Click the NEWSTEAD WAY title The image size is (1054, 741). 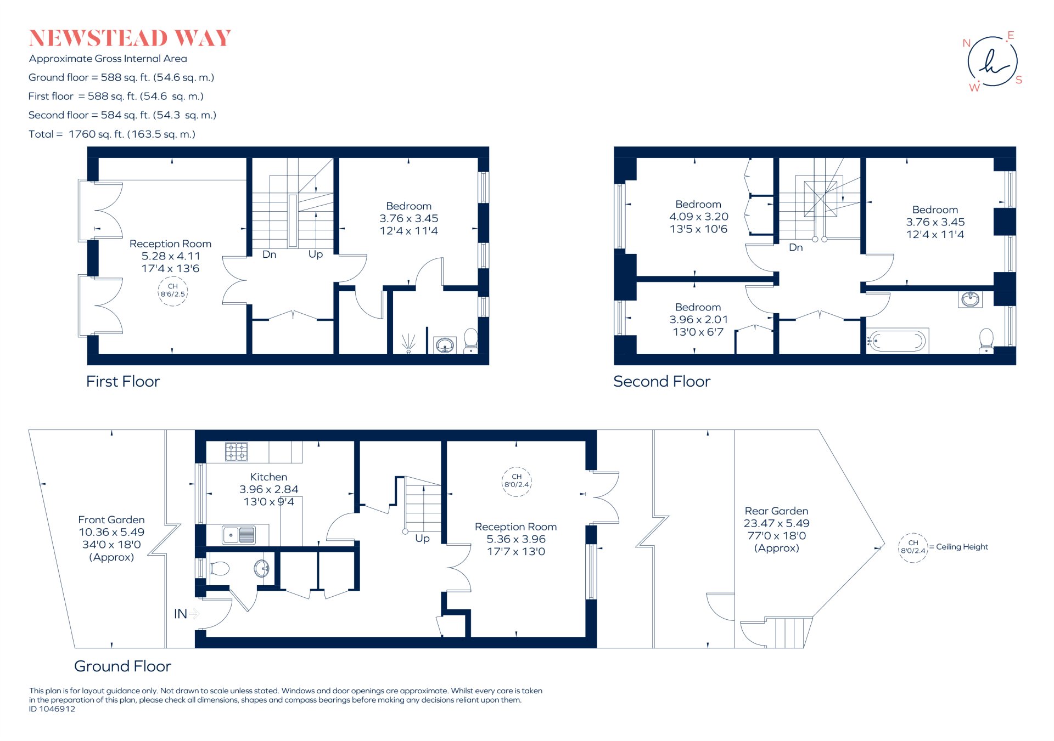pyautogui.click(x=130, y=38)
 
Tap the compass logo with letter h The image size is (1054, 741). pyautogui.click(x=992, y=61)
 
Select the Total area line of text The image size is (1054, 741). pyautogui.click(x=112, y=134)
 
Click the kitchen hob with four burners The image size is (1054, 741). pyautogui.click(x=237, y=452)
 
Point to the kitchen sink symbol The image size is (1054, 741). pyautogui.click(x=239, y=534)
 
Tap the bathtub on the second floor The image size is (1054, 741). pyautogui.click(x=898, y=341)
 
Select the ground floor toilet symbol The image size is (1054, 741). pyautogui.click(x=219, y=568)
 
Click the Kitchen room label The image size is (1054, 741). pyautogui.click(x=268, y=477)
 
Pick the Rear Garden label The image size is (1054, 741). pyautogui.click(x=776, y=511)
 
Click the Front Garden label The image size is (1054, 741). pyautogui.click(x=111, y=520)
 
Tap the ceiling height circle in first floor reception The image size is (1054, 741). pyautogui.click(x=173, y=291)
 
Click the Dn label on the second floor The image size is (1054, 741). pyautogui.click(x=795, y=248)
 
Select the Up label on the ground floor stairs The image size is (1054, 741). pyautogui.click(x=422, y=539)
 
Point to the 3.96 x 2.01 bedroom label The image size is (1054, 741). pyautogui.click(x=698, y=320)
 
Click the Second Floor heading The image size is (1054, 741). pyautogui.click(x=661, y=382)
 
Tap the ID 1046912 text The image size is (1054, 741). pyautogui.click(x=52, y=709)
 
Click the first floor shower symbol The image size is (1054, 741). pyautogui.click(x=408, y=343)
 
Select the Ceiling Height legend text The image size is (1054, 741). pyautogui.click(x=962, y=547)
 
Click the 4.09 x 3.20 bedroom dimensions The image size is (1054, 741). pyautogui.click(x=698, y=217)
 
